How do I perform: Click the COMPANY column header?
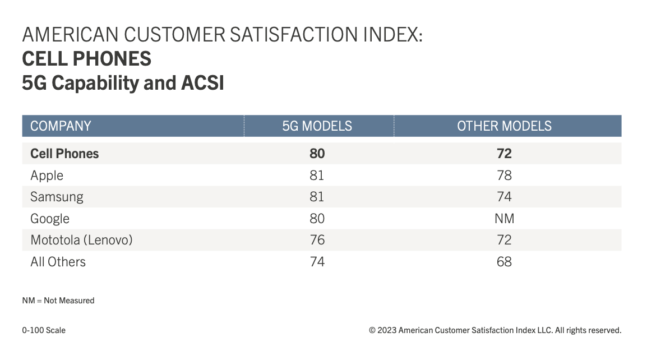(x=61, y=126)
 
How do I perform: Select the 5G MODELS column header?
(x=317, y=126)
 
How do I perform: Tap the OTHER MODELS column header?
(x=504, y=126)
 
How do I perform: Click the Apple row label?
(x=47, y=176)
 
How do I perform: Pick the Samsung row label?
(x=57, y=197)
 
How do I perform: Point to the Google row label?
(x=50, y=219)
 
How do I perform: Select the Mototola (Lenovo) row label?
(x=81, y=240)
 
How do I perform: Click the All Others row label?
(x=58, y=262)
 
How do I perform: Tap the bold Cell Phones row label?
(x=64, y=154)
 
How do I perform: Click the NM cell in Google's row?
(x=505, y=219)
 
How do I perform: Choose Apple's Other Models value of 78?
(x=504, y=176)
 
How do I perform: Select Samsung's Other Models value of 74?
(x=504, y=197)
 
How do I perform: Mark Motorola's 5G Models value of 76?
(x=317, y=240)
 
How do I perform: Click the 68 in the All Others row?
(x=504, y=262)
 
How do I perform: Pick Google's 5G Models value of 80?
(x=317, y=219)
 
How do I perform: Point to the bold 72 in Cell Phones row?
(x=504, y=154)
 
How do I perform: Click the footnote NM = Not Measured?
(x=58, y=301)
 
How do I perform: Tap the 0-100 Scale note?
(x=44, y=330)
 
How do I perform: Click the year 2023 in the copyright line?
(x=387, y=330)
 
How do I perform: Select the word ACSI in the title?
(x=203, y=83)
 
